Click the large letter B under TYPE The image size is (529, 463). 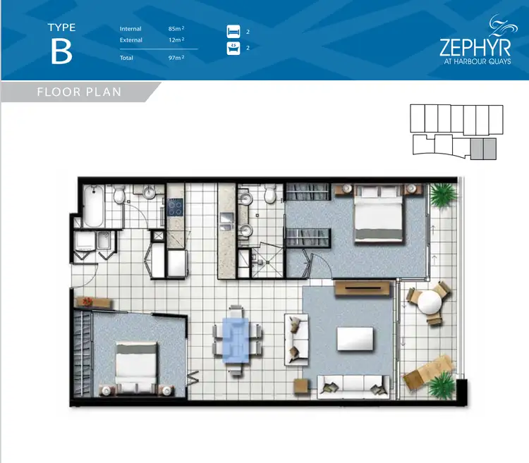(x=61, y=53)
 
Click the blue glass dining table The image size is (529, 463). (x=236, y=339)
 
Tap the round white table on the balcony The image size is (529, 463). (x=430, y=302)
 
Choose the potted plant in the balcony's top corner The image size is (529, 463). (x=442, y=194)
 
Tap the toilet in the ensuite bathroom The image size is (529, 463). (x=267, y=195)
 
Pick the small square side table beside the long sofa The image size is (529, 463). (x=300, y=385)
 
